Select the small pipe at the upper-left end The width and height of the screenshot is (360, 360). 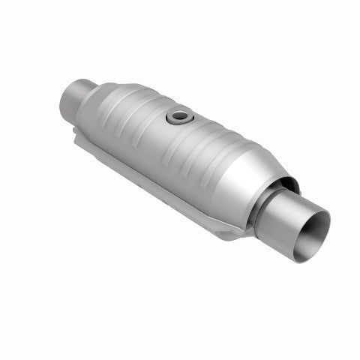74,97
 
